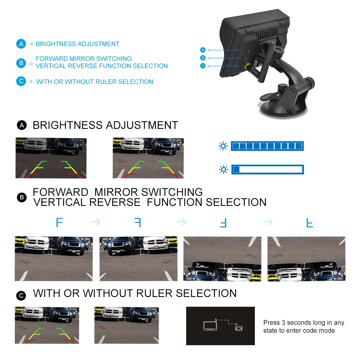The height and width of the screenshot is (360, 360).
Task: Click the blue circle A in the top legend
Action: [21, 44]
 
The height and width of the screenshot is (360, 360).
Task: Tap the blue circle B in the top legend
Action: [21, 63]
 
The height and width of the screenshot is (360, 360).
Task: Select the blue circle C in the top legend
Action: [21, 81]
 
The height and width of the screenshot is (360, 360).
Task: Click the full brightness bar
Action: [267, 146]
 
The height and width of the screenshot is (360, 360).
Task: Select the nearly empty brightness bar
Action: [267, 169]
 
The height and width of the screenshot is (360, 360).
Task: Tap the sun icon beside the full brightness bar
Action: [224, 146]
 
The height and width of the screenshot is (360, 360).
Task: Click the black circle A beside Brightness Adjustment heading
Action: [22, 125]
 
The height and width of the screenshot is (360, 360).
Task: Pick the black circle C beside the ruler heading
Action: [22, 296]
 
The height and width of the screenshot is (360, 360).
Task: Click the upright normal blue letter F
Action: [59, 222]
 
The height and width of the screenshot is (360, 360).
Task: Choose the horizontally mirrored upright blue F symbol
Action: [138, 222]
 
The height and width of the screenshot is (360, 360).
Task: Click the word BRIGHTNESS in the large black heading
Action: [67, 125]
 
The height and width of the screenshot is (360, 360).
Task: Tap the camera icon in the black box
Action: [239, 328]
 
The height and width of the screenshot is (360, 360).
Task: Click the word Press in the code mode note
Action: [271, 323]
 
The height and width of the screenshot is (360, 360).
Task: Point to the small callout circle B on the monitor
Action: [203, 58]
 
